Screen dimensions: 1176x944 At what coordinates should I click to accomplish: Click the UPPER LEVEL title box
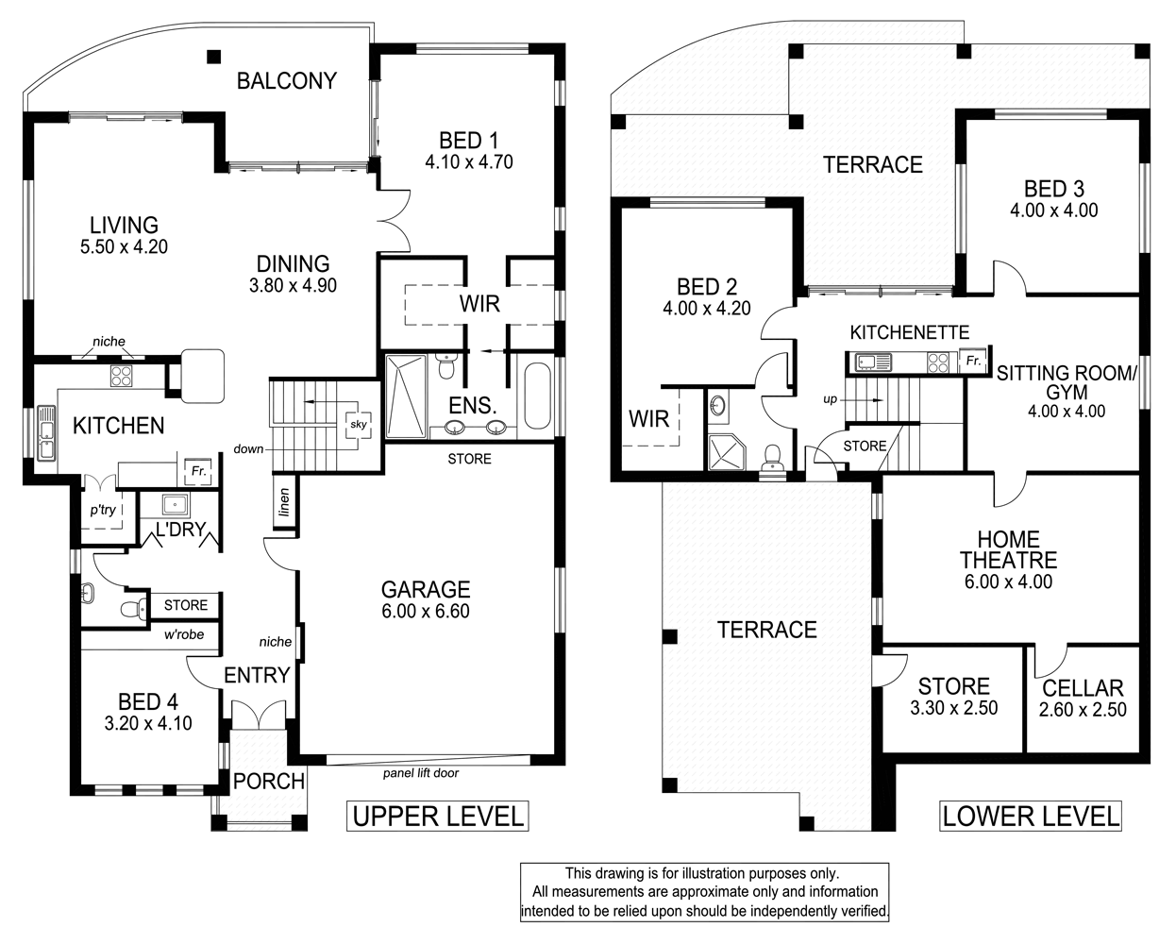(437, 816)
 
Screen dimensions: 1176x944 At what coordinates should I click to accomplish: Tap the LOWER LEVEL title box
(1032, 816)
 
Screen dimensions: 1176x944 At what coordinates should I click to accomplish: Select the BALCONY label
(286, 81)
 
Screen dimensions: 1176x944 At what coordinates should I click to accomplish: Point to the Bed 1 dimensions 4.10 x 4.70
(469, 161)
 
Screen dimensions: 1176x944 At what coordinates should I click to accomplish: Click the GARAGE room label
(426, 590)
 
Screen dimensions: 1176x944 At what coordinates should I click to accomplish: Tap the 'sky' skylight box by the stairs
(359, 425)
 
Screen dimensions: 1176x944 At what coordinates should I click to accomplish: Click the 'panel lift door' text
(421, 773)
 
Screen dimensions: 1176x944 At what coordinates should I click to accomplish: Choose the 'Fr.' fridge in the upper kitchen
(198, 470)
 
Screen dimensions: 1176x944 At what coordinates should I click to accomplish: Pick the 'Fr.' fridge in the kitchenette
(972, 361)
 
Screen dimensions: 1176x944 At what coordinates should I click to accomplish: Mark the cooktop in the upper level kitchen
(123, 377)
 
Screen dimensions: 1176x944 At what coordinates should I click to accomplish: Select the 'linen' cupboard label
(284, 503)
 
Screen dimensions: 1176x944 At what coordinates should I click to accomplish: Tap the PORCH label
(269, 782)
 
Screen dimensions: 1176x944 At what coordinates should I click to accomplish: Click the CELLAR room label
(1083, 689)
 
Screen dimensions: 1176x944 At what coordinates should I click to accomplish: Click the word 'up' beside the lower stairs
(830, 399)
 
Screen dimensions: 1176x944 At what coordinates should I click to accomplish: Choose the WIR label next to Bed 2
(648, 418)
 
